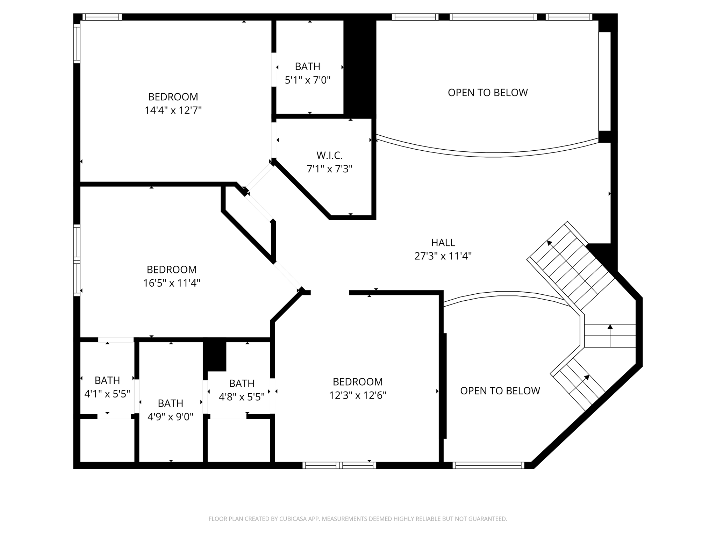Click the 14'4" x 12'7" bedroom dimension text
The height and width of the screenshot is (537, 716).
coord(173,110)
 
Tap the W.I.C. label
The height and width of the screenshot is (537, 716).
coord(329,155)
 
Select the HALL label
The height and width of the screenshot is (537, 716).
coord(443,242)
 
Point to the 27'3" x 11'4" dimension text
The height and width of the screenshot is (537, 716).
coord(443,256)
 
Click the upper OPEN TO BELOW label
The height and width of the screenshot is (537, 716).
coord(488,93)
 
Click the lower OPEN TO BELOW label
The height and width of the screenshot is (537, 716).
coord(500,391)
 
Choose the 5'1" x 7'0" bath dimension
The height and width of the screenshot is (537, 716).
coord(307,80)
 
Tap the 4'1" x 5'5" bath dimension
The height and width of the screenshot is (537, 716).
coord(107,394)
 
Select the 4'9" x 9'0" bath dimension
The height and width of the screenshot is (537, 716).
coord(170,417)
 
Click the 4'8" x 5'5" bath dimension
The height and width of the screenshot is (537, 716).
coord(242,397)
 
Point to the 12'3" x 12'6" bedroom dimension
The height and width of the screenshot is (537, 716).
coord(358,395)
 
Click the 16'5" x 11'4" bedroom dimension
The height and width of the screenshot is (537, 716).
coord(171,283)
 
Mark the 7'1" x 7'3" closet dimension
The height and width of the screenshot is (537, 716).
coord(329,169)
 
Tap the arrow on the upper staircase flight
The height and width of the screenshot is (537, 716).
coord(550,243)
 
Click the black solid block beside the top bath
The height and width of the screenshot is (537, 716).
coord(360,66)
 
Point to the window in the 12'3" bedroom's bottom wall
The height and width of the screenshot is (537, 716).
coord(339,465)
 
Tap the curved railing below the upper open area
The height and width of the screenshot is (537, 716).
coord(489,155)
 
